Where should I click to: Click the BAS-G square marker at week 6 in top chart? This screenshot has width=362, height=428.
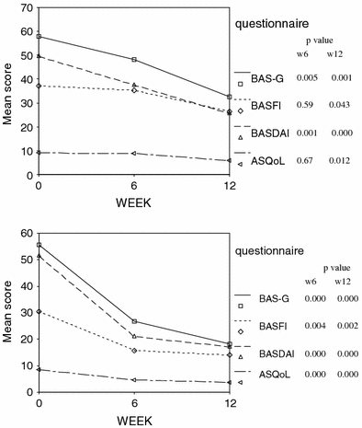coord(134,60)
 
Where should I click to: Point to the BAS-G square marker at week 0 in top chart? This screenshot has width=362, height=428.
coord(38,37)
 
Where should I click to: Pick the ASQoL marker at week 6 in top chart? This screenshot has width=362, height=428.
coord(134,153)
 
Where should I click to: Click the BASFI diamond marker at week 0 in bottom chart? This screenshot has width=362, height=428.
coord(38,312)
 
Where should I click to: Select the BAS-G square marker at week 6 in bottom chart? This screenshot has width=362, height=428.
coord(134,321)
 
